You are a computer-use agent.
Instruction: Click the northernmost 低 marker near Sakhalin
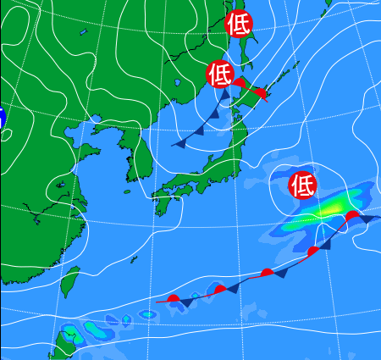[239, 25]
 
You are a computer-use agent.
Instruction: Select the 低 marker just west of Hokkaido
[219, 74]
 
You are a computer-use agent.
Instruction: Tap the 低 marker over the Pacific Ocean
[302, 184]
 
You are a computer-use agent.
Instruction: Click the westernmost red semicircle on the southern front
[174, 298]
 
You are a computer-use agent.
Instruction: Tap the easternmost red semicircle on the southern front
[351, 217]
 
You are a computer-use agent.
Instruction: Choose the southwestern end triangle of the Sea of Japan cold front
[179, 144]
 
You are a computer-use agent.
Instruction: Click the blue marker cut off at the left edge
[2, 119]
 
